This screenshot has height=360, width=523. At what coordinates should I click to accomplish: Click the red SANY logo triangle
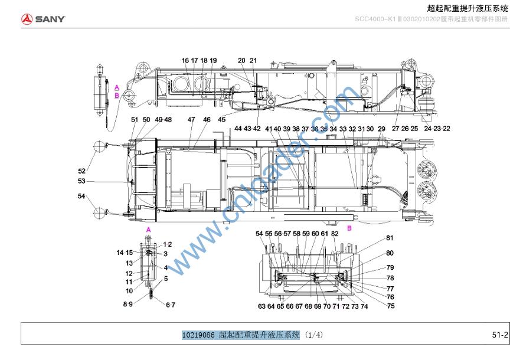pyautogui.click(x=27, y=19)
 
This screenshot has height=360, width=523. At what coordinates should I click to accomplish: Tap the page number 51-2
pyautogui.click(x=500, y=335)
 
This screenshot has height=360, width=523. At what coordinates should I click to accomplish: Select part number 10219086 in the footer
pyautogui.click(x=198, y=335)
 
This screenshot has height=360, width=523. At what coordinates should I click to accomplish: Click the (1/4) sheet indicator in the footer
pyautogui.click(x=314, y=335)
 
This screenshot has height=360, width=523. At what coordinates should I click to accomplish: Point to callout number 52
pyautogui.click(x=82, y=171)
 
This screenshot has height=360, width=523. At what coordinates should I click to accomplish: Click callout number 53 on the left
pyautogui.click(x=81, y=181)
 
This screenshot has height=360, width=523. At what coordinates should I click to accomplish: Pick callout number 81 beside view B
pyautogui.click(x=390, y=238)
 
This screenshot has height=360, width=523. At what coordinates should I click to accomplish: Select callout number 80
pyautogui.click(x=390, y=253)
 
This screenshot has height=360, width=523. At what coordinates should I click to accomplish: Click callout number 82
pyautogui.click(x=335, y=234)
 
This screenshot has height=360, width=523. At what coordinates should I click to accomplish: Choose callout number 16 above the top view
pyautogui.click(x=185, y=60)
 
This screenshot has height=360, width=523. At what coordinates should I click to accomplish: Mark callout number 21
pyautogui.click(x=253, y=60)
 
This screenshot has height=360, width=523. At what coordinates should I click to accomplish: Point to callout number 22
pyautogui.click(x=446, y=129)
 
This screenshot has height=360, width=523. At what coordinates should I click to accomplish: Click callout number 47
pyautogui.click(x=191, y=120)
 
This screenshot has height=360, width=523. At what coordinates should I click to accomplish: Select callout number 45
pyautogui.click(x=221, y=120)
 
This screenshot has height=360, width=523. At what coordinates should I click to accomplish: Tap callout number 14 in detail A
pyautogui.click(x=120, y=253)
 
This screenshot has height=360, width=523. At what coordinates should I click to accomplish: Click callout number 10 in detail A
pyautogui.click(x=129, y=290)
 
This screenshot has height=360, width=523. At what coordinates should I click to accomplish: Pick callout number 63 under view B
pyautogui.click(x=261, y=306)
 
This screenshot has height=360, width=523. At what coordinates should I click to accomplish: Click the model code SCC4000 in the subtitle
pyautogui.click(x=370, y=19)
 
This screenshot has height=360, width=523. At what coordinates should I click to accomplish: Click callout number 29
pyautogui.click(x=381, y=129)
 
